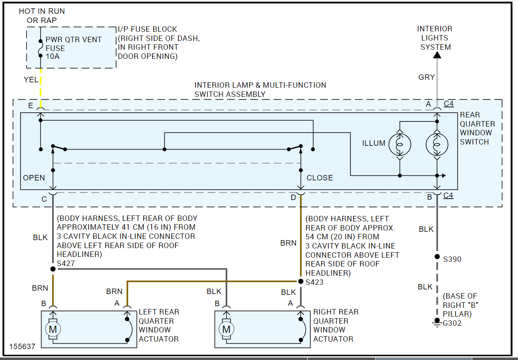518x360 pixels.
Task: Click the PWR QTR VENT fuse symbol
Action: click(40, 48)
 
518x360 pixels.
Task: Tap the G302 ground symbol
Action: click(437, 322)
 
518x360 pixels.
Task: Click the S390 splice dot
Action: click(437, 256)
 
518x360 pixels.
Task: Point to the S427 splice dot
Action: click(53, 269)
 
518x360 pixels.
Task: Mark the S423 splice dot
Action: click(300, 281)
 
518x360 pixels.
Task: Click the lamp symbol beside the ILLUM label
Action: click(400, 145)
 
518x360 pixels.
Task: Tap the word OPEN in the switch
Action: click(34, 178)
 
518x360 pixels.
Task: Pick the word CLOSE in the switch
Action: click(320, 178)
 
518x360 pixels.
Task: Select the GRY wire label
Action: click(427, 77)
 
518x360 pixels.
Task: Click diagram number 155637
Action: click(23, 346)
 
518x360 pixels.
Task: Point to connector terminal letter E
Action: click(30, 106)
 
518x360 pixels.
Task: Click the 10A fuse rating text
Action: click(53, 56)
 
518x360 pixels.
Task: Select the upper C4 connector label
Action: click(449, 104)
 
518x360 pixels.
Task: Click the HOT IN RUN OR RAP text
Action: click(42, 16)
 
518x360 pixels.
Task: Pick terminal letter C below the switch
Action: click(44, 199)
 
